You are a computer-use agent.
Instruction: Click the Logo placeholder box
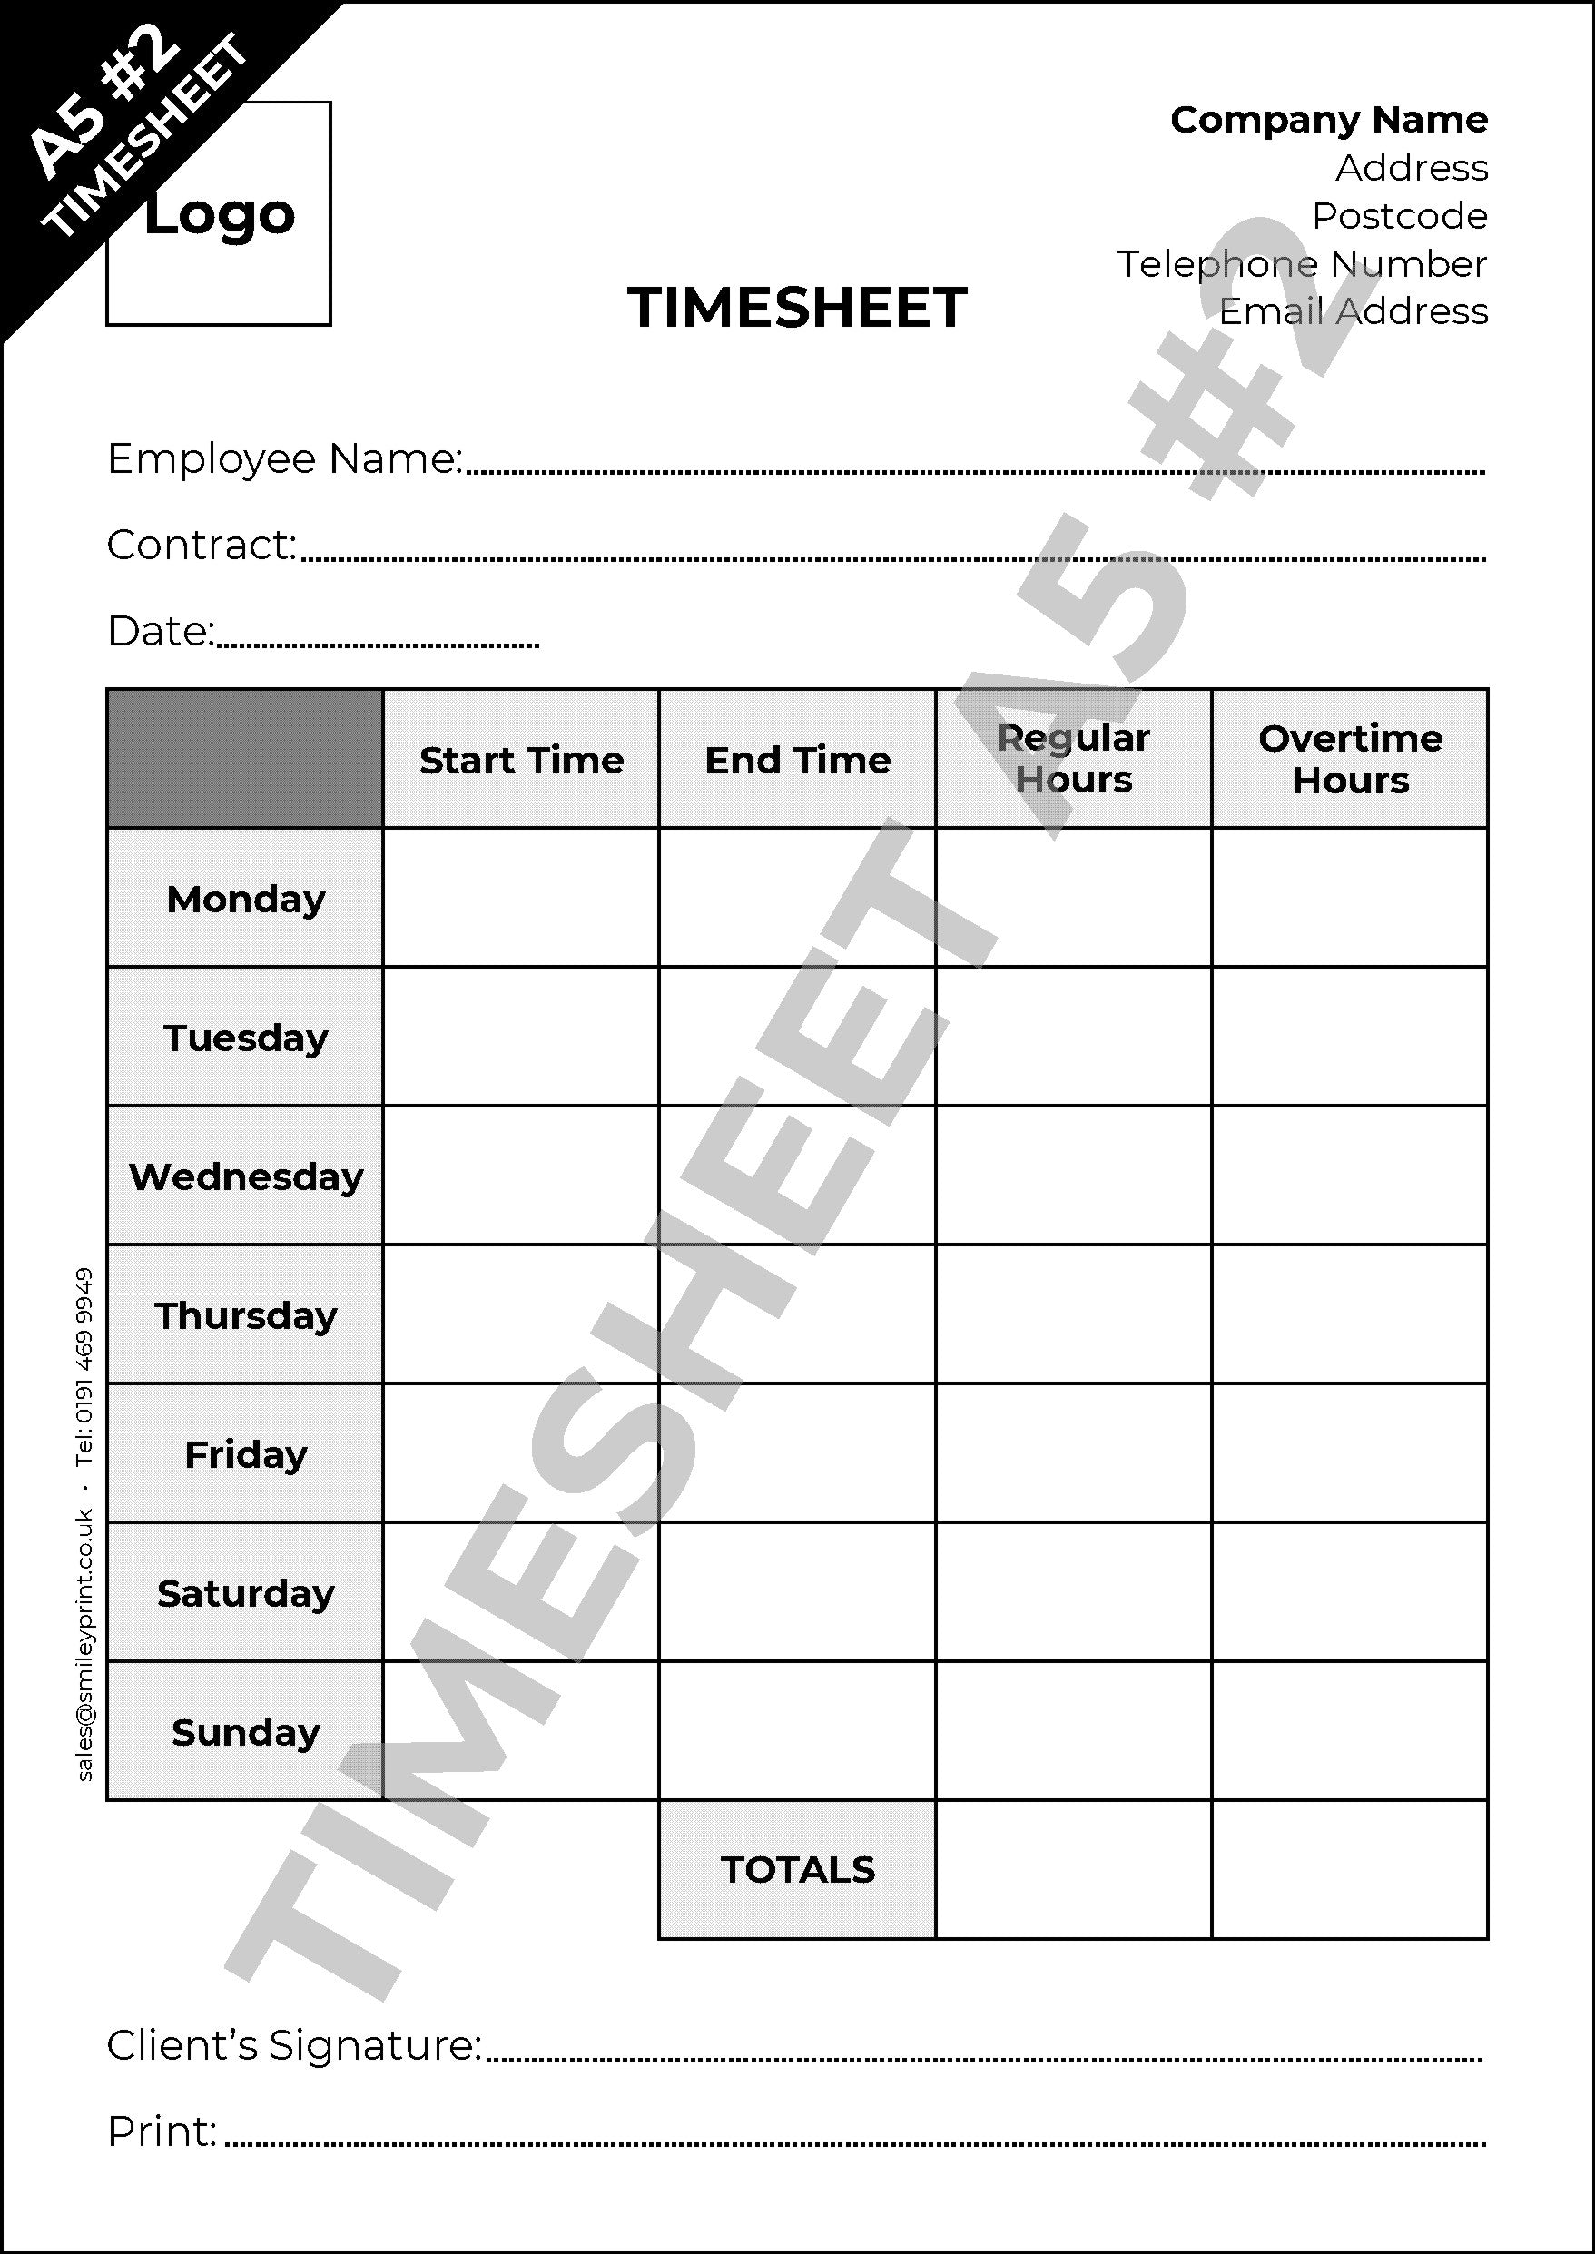pyautogui.click(x=218, y=214)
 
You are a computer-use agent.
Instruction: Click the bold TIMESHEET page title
pyautogui.click(x=796, y=308)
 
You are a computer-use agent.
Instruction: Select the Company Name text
pyautogui.click(x=1328, y=120)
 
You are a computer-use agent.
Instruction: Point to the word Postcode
pyautogui.click(x=1399, y=216)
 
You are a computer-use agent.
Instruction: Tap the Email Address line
pyautogui.click(x=1353, y=311)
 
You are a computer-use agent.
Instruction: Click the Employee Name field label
pyautogui.click(x=284, y=458)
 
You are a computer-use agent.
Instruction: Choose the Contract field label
pyautogui.click(x=202, y=545)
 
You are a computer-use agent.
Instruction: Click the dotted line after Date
pyautogui.click(x=379, y=645)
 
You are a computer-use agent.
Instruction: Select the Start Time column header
pyautogui.click(x=520, y=759)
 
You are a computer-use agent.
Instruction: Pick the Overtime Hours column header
pyautogui.click(x=1350, y=759)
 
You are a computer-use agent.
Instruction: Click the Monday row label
pyautogui.click(x=245, y=899)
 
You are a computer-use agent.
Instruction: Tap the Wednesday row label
pyautogui.click(x=245, y=1176)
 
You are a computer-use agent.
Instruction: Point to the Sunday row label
pyautogui.click(x=245, y=1731)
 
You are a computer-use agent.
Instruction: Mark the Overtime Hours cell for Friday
pyautogui.click(x=1350, y=1453)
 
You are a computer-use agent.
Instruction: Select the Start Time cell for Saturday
pyautogui.click(x=520, y=1592)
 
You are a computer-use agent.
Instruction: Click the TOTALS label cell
pyautogui.click(x=796, y=1869)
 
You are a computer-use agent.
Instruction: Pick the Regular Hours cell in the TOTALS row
pyautogui.click(x=1074, y=1869)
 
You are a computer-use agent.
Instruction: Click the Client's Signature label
pyautogui.click(x=293, y=2046)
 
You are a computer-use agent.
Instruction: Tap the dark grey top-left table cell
pyautogui.click(x=244, y=758)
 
